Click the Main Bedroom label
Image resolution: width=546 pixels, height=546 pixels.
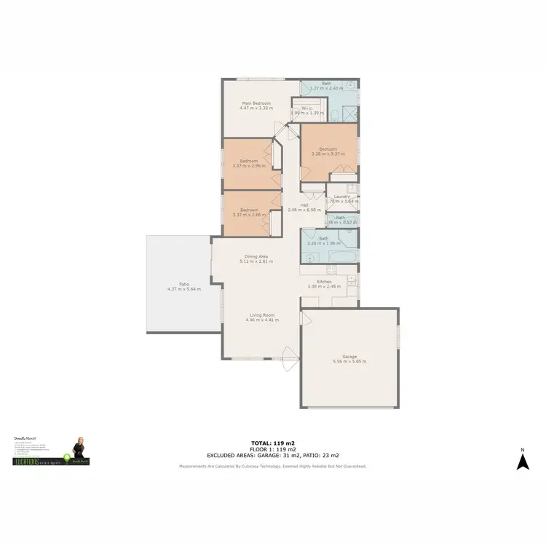(256, 103)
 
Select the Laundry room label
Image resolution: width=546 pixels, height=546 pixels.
(342, 197)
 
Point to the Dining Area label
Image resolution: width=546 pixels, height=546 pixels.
(256, 256)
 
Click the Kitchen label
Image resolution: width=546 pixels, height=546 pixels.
(325, 281)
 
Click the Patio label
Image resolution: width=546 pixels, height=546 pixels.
(185, 285)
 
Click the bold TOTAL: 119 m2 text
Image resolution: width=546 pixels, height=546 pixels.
(272, 443)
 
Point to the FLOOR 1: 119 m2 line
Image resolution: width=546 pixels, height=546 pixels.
(272, 448)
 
